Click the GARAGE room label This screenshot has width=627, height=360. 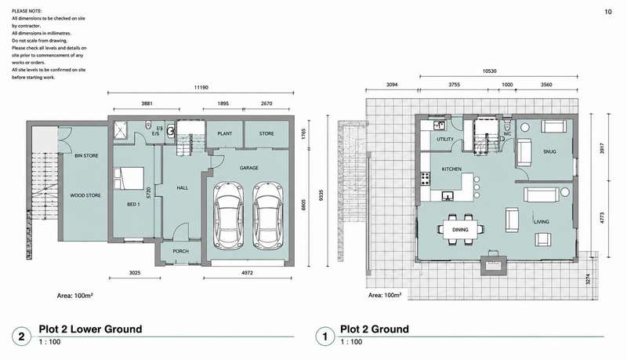click(x=248, y=168)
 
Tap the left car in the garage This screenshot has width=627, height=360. click(x=228, y=216)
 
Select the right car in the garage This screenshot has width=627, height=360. click(x=268, y=216)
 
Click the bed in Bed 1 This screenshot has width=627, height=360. click(x=129, y=178)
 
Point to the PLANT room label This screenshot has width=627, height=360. click(x=225, y=133)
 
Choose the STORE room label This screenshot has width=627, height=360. click(x=266, y=133)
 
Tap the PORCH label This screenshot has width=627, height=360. click(x=181, y=251)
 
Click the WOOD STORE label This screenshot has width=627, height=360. click(x=85, y=195)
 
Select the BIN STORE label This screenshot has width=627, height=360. click(x=86, y=155)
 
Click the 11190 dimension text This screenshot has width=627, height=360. click(x=201, y=87)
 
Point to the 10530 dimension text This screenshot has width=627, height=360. click(x=489, y=71)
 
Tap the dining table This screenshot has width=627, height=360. click(x=460, y=230)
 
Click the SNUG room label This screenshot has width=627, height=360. click(x=549, y=151)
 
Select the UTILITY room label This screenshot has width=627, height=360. click(x=445, y=139)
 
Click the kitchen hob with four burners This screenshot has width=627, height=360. click(x=425, y=178)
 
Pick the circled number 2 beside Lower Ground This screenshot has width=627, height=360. click(x=21, y=336)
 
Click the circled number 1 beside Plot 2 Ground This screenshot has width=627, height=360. click(x=324, y=336)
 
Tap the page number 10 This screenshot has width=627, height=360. click(x=608, y=12)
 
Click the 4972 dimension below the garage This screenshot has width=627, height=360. click(x=247, y=273)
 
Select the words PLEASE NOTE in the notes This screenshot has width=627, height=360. click(x=27, y=11)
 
